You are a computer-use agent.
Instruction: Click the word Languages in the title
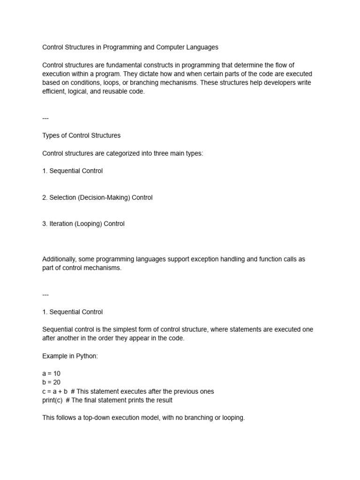[x=202, y=47]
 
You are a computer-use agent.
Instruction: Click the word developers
[x=273, y=83]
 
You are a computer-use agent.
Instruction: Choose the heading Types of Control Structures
[x=81, y=135]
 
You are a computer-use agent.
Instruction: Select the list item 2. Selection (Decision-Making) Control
[x=97, y=197]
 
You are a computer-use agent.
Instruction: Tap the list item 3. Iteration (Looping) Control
[x=83, y=224]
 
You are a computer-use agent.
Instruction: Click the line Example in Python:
[x=70, y=356]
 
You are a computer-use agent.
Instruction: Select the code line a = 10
[x=51, y=374]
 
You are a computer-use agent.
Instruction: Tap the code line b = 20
[x=51, y=382]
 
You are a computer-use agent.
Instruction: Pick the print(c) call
[x=52, y=400]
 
